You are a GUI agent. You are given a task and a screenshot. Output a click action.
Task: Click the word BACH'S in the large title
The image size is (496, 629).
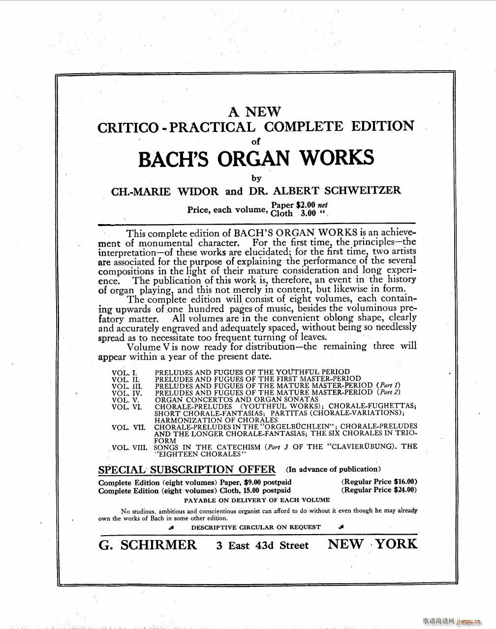175,158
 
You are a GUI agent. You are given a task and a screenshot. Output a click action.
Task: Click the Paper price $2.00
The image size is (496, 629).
305,205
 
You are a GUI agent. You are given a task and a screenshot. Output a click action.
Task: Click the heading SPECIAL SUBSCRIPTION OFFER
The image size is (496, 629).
187,469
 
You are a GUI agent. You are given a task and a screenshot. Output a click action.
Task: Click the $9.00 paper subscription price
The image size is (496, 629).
253,482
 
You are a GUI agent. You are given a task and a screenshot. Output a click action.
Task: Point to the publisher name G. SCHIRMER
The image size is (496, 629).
148,545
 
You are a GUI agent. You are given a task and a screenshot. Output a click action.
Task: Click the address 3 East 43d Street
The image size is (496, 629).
262,545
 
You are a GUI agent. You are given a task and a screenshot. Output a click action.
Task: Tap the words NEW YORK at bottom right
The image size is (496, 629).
372,544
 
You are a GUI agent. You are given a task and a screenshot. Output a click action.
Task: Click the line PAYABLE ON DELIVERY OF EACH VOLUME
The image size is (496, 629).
257,500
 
